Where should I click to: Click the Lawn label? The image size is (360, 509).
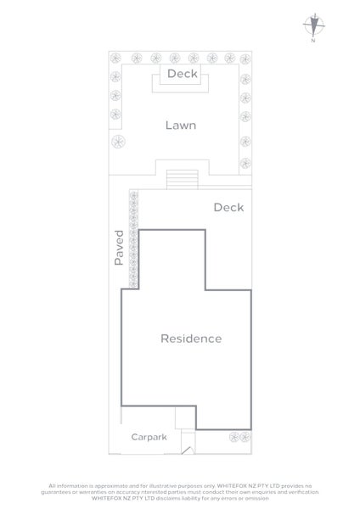180,126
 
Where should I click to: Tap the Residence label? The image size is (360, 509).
191,338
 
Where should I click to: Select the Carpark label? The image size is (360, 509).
148,437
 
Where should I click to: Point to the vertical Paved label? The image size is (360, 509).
119,248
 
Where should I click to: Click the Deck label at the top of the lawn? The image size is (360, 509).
182,75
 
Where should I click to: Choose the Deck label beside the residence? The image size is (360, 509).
228,207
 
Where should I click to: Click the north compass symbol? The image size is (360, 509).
313,25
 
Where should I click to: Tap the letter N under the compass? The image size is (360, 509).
313,41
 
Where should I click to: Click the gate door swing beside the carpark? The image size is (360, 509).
189,438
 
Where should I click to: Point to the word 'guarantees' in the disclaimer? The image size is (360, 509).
70,489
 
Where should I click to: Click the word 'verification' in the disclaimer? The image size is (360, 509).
297,489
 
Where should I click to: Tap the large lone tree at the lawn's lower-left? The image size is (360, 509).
116,139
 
